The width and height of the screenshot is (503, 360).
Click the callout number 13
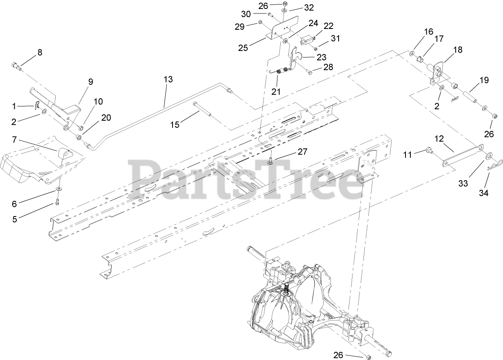click(x=168, y=79)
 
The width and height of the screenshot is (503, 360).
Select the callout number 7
click(x=14, y=140)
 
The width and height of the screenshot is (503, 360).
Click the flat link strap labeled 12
click(x=462, y=155)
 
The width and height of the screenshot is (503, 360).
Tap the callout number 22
click(x=328, y=26)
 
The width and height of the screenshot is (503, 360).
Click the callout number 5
click(x=15, y=219)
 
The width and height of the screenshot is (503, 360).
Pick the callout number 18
click(x=458, y=50)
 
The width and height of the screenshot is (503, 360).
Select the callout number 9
click(x=91, y=81)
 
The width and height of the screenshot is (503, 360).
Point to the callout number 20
click(x=106, y=117)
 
